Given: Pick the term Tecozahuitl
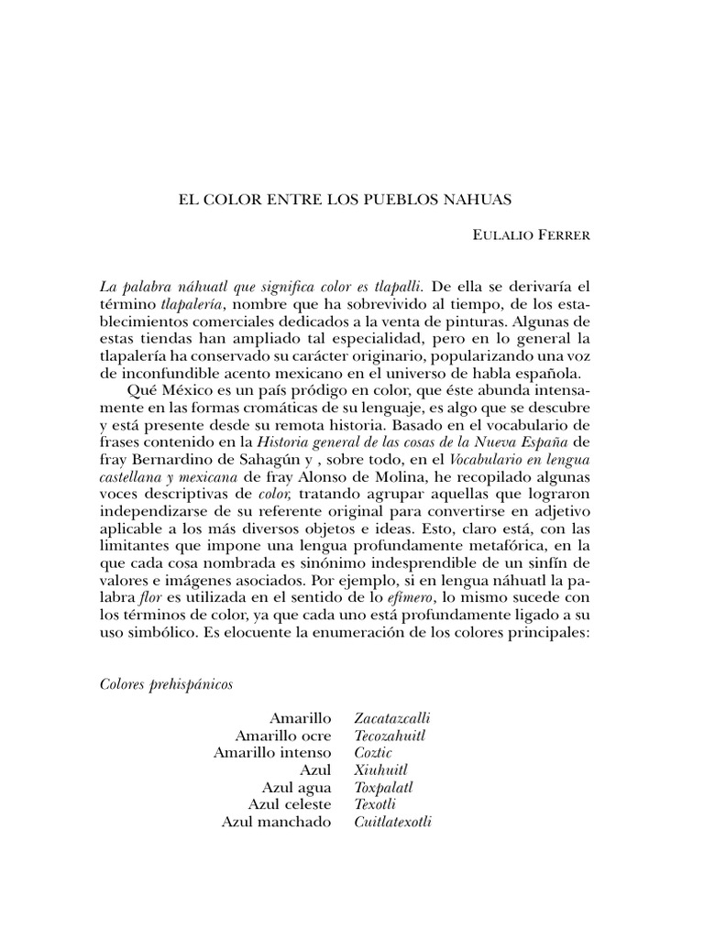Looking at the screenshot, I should (390, 735).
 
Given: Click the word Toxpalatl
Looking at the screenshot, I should (384, 787).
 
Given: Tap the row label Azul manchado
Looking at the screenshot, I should (276, 822).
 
